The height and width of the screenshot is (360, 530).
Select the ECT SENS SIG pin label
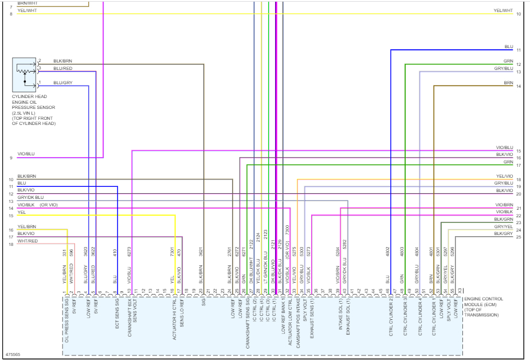pos(116,317)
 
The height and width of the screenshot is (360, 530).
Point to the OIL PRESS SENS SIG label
pos(67,320)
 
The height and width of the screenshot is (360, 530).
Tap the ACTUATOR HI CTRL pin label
pos(175,319)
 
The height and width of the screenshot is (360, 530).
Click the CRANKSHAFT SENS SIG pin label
pos(248,320)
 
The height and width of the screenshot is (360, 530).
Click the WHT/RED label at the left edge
pos(28,241)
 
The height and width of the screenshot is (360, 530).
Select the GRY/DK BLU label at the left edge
pos(30,197)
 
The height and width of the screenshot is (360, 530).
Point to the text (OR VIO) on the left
pos(49,205)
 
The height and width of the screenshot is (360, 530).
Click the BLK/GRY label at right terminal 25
pos(504,234)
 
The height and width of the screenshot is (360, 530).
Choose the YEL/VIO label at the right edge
pos(504,176)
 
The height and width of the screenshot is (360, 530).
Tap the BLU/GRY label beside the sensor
pos(62,83)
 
